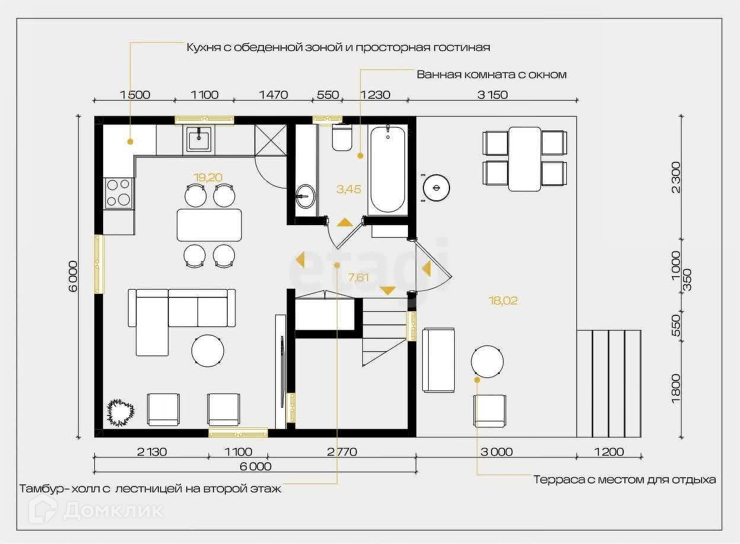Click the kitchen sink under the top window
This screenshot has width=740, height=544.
pos(199,140)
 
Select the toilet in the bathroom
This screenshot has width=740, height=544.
pos(342,137)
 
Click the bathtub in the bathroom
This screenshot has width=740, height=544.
pos(388,169)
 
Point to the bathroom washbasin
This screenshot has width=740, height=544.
pos(305,196)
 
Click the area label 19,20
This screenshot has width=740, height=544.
pos(208,177)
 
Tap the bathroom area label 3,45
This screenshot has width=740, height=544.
pos(349,189)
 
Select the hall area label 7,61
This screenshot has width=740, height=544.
pos(358,277)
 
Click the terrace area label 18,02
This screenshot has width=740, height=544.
pos(503,300)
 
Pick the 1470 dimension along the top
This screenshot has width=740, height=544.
pos(273,95)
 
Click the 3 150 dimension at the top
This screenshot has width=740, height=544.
pos(493,95)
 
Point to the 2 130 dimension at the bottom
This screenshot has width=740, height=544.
pos(152,452)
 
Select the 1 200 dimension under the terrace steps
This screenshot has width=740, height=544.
pos(609,452)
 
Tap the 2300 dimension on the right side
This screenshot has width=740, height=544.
pos(676,177)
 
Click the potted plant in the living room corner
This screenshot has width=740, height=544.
pos(120,412)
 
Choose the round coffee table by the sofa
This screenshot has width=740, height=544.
pos(208,351)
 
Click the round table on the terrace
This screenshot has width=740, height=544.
pos(487,361)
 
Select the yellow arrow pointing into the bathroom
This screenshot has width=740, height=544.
pos(345,222)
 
